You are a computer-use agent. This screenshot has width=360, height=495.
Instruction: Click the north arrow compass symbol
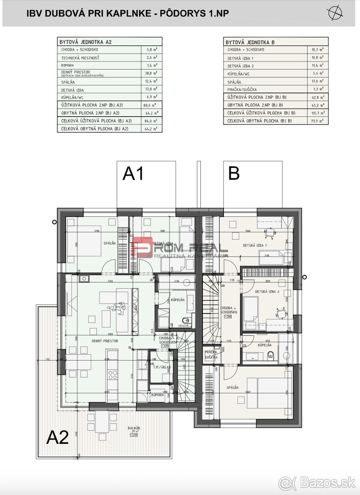[335, 13]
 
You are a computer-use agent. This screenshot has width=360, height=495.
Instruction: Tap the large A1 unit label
[133, 174]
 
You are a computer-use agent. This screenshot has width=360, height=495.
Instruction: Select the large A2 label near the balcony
[57, 437]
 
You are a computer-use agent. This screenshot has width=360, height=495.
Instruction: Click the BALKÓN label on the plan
[134, 428]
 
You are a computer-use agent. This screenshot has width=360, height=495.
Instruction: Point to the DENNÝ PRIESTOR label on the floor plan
[105, 341]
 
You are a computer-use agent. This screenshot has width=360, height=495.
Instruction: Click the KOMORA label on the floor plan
[158, 395]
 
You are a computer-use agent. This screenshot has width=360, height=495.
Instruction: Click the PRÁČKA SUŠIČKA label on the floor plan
[211, 354]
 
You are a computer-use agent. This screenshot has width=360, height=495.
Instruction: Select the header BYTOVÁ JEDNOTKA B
[250, 42]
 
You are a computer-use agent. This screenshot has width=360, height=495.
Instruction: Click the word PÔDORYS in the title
[182, 13]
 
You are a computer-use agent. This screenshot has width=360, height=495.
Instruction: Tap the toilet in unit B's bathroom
[271, 354]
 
